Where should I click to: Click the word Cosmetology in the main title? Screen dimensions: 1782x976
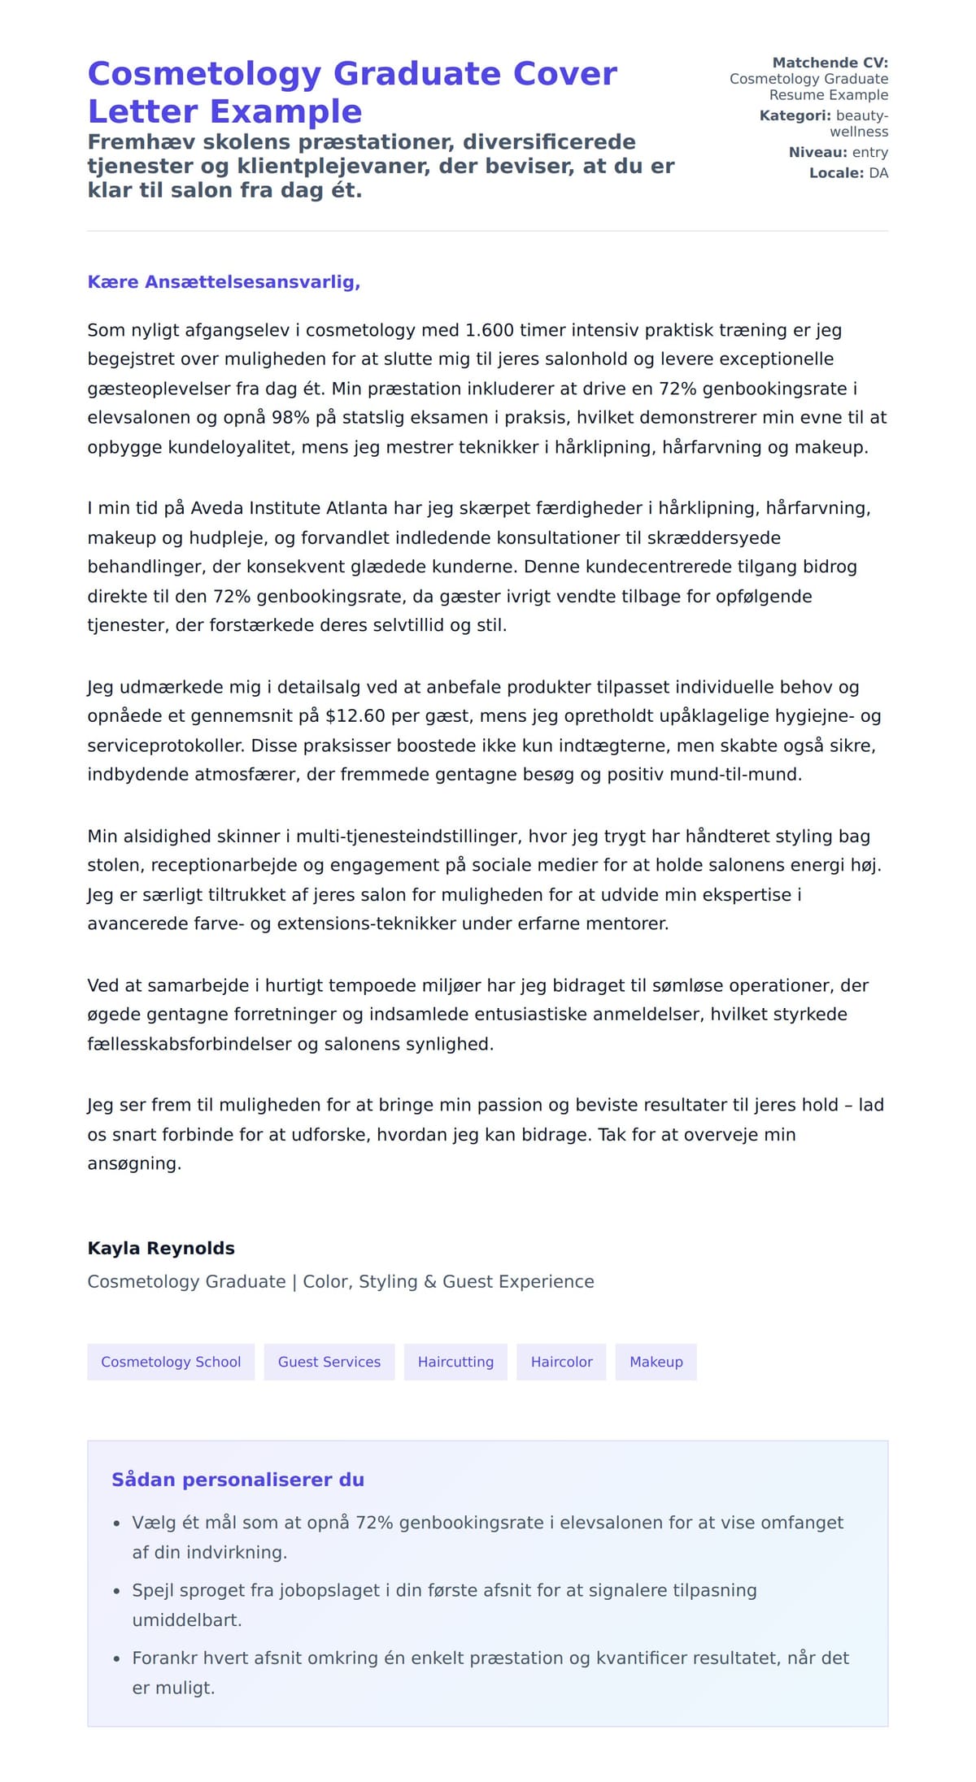[204, 74]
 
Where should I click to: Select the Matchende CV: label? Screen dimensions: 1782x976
[830, 63]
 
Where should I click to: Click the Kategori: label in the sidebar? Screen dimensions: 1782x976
[795, 115]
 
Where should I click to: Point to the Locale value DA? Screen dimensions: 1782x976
[878, 172]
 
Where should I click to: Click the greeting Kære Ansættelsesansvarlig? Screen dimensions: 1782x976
[224, 282]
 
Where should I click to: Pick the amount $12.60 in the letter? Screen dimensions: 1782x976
[353, 715]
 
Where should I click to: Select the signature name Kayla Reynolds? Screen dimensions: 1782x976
[161, 1248]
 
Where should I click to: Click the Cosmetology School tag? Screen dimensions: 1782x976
[171, 1362]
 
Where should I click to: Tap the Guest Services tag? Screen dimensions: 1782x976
[329, 1362]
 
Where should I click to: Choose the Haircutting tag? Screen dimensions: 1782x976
[455, 1362]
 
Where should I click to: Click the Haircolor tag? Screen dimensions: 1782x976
[561, 1362]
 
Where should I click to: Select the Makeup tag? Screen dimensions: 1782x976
[656, 1362]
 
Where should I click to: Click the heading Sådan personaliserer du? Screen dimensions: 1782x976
[237, 1480]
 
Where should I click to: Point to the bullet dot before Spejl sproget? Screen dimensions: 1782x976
[116, 1592]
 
